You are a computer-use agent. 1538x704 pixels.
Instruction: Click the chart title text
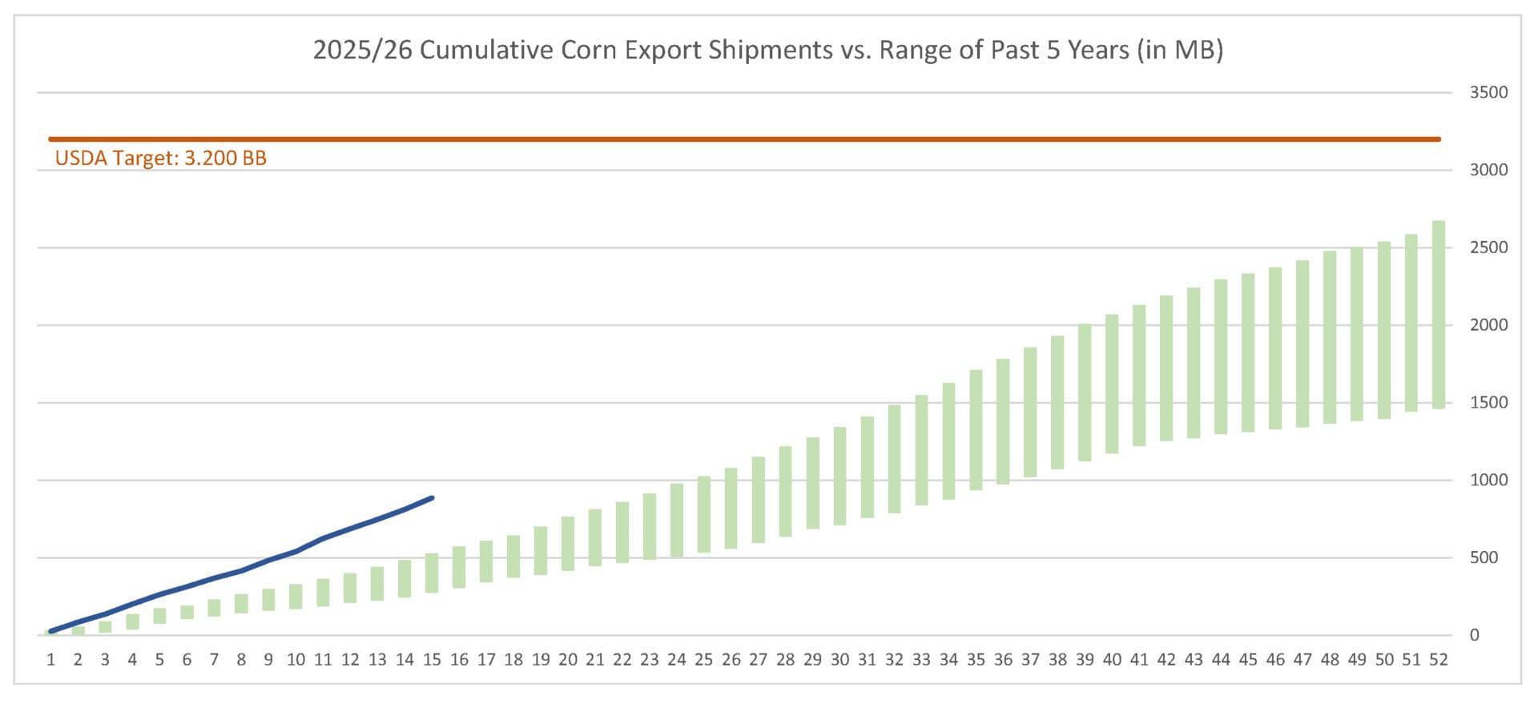pos(767,50)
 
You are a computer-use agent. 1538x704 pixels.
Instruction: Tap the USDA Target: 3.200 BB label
pos(160,158)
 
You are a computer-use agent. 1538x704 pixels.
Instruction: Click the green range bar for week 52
pos(1438,315)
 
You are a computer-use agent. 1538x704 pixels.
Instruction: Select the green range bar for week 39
pos(1085,392)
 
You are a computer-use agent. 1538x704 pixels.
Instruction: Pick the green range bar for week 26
pos(731,509)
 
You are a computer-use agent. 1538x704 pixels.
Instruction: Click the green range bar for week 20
pos(568,544)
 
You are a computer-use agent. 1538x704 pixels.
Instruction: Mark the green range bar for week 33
pos(921,450)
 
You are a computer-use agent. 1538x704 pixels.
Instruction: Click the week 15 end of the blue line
pos(432,498)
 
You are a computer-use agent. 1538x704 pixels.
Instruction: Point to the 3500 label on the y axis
pos(1488,92)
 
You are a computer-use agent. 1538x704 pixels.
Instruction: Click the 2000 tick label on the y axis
pos(1488,325)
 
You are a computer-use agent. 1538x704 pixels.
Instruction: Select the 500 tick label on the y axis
pos(1484,557)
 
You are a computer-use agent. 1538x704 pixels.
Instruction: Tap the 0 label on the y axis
pos(1474,635)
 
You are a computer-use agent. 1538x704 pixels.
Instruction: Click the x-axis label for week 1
pos(51,660)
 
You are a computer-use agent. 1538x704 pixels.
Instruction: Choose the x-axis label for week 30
pos(839,660)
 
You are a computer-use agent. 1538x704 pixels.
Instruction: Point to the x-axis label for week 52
pos(1438,660)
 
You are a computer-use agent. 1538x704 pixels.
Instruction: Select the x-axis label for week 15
pos(432,660)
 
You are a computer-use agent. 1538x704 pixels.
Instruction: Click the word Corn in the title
pos(589,50)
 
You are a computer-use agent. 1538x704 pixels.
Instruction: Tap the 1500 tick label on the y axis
pos(1488,403)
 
